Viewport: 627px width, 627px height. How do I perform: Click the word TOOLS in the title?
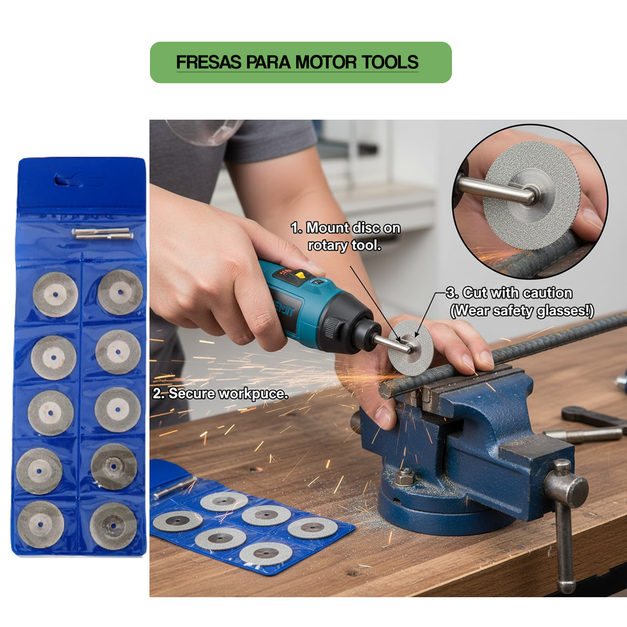390,62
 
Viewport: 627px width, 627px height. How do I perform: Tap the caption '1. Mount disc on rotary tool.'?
345,236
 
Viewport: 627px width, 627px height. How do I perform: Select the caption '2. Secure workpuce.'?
220,393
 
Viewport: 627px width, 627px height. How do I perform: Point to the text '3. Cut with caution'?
510,293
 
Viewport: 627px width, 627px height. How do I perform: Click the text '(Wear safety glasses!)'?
521,311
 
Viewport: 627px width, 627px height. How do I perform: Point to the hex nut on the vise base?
405,477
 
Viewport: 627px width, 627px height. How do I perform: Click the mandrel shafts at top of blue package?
102,234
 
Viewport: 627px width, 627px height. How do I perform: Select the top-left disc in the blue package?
55,295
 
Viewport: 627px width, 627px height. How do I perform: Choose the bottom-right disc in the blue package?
113,526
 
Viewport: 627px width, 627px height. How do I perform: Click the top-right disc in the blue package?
120,292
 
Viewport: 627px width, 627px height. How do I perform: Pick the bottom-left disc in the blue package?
40,525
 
